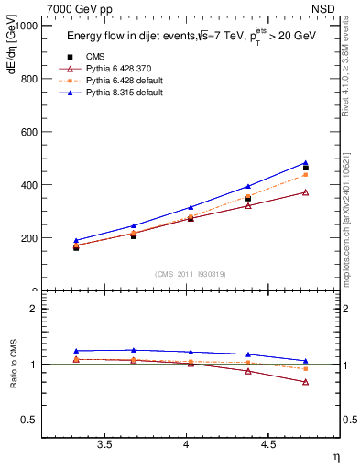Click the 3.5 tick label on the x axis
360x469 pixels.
tap(105, 444)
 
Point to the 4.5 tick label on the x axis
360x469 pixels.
tap(267, 444)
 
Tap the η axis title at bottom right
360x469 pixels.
tap(335, 457)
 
